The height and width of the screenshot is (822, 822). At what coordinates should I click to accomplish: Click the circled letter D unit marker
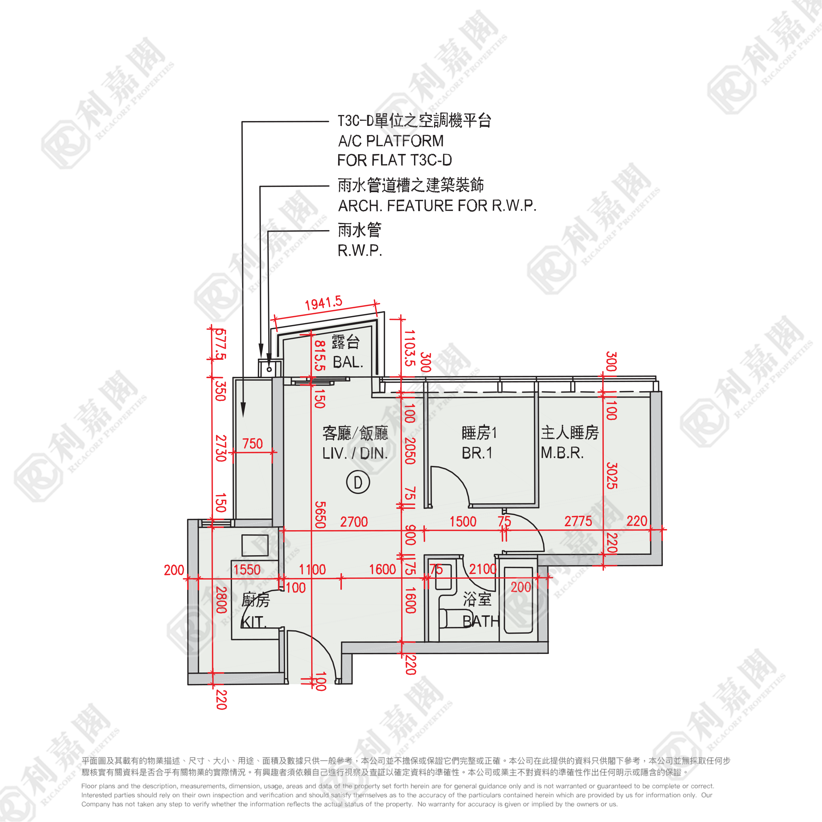pyautogui.click(x=358, y=482)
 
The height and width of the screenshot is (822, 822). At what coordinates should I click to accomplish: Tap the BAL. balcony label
pyautogui.click(x=347, y=362)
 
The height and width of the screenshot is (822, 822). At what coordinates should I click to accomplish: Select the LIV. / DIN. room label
pyautogui.click(x=355, y=454)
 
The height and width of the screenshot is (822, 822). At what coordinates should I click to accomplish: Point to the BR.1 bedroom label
pyautogui.click(x=477, y=453)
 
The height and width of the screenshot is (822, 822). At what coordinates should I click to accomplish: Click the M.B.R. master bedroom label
pyautogui.click(x=562, y=453)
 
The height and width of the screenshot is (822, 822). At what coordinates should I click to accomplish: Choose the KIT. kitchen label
pyautogui.click(x=254, y=622)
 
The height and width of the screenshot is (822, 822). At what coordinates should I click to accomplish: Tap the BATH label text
pyautogui.click(x=481, y=622)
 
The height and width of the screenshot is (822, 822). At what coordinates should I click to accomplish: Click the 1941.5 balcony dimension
pyautogui.click(x=323, y=303)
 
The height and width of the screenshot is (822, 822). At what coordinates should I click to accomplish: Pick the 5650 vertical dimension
pyautogui.click(x=320, y=515)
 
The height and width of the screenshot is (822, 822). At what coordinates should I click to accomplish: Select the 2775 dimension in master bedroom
pyautogui.click(x=578, y=521)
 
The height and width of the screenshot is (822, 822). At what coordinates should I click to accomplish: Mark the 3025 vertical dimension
pyautogui.click(x=611, y=475)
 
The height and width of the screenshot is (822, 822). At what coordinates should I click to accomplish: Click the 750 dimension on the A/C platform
pyautogui.click(x=252, y=444)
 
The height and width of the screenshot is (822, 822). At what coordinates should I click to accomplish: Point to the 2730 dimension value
pyautogui.click(x=220, y=448)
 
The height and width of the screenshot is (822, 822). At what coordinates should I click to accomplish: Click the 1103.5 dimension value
pyautogui.click(x=409, y=348)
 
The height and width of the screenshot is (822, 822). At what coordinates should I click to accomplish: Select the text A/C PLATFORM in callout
pyautogui.click(x=390, y=141)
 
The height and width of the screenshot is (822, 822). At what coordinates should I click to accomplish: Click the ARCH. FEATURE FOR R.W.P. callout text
pyautogui.click(x=437, y=206)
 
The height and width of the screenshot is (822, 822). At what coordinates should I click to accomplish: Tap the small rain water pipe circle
pyautogui.click(x=269, y=369)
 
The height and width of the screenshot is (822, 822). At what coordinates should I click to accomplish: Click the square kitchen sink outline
pyautogui.click(x=255, y=546)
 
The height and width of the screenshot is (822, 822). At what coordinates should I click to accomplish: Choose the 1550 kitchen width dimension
pyautogui.click(x=247, y=570)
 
